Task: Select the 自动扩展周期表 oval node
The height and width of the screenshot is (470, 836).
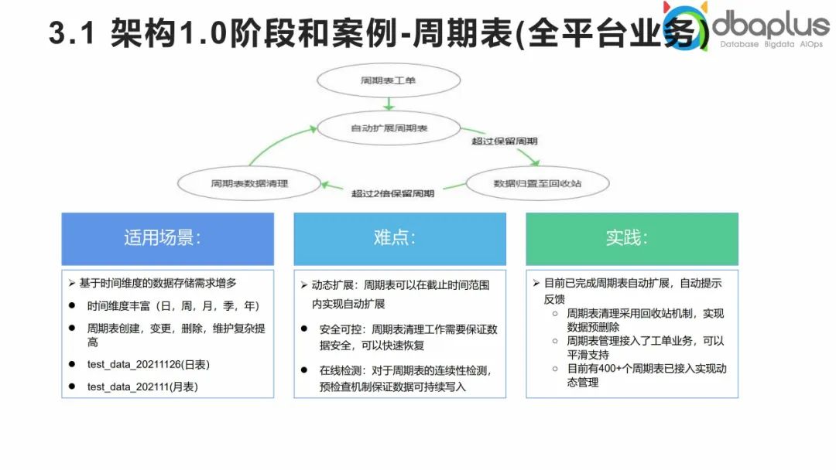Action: [389, 128]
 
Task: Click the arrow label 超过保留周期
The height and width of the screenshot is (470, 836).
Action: [504, 141]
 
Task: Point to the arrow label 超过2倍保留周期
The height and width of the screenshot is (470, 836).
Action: [392, 193]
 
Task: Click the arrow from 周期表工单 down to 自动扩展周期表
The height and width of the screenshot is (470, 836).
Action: [389, 104]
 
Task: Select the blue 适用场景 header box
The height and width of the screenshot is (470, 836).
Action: [167, 238]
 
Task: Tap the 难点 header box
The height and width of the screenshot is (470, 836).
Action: [399, 238]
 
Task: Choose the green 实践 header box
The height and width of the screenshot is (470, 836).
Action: [632, 238]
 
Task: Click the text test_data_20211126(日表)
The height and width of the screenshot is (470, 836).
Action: [149, 364]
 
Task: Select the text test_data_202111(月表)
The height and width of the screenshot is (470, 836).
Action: [142, 387]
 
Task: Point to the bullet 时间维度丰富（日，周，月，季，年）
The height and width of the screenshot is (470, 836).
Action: [173, 306]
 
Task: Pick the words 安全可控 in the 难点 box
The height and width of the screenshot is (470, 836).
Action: [337, 329]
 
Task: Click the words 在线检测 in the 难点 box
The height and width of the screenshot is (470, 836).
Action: [337, 370]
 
